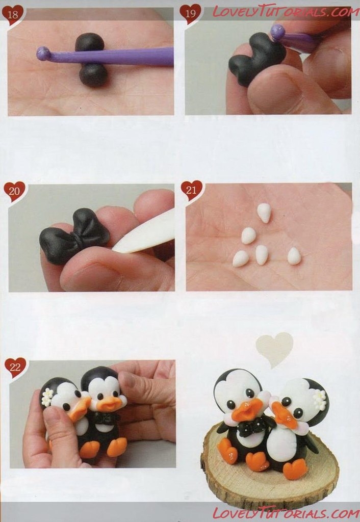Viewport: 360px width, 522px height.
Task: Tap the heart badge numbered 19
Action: pos(190,14)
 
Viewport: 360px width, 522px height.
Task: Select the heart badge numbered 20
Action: pos(14,192)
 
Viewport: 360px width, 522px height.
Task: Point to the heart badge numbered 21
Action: pos(192,190)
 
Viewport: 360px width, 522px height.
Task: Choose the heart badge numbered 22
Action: pos(15,368)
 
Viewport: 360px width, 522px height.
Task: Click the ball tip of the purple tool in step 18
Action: pos(43,54)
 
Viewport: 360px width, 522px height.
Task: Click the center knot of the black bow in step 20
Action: pos(77,238)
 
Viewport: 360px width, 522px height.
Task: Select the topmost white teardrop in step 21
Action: pos(264,213)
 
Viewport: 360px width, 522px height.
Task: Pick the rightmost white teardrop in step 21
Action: pos(294,256)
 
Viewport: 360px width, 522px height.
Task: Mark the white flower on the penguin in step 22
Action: pos(47,397)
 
